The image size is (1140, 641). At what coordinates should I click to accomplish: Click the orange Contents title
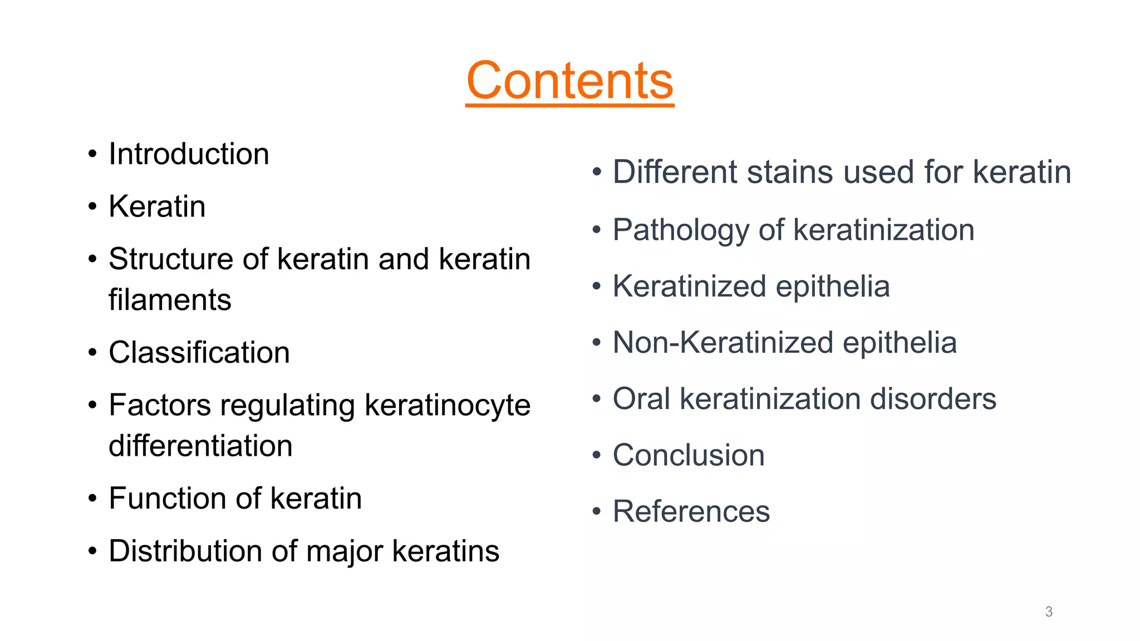(569, 81)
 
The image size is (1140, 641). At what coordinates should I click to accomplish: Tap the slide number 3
(1049, 612)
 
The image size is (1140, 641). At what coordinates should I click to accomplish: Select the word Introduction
(189, 154)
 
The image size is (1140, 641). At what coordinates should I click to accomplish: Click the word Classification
(199, 353)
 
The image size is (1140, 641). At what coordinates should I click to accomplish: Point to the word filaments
(170, 300)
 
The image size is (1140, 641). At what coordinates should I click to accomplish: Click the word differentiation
(200, 446)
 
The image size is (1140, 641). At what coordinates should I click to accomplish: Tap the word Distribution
(185, 551)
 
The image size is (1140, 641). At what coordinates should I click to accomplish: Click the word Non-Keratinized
(723, 343)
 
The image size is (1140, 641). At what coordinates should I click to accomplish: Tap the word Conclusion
(689, 455)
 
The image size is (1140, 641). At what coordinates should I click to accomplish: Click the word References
(691, 511)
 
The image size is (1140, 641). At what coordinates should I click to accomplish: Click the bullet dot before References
(597, 511)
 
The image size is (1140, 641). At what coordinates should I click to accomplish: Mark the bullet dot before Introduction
(92, 155)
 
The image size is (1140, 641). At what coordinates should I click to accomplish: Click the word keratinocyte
(447, 406)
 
